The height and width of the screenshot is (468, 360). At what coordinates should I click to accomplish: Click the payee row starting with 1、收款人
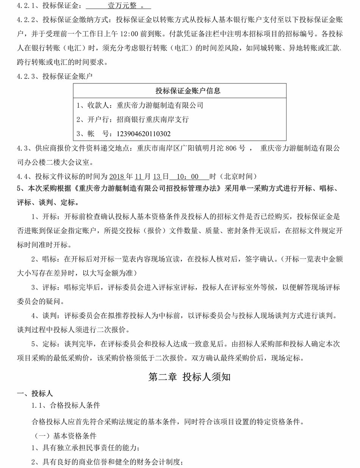pos(139,105)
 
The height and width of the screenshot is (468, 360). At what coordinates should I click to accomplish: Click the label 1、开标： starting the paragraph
pos(45,217)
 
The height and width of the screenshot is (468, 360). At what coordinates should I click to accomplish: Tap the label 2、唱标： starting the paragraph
pos(45,259)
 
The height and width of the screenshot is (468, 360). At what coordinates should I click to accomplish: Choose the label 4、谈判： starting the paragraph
pos(45,316)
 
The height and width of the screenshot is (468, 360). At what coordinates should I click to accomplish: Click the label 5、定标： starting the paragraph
pos(45,344)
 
